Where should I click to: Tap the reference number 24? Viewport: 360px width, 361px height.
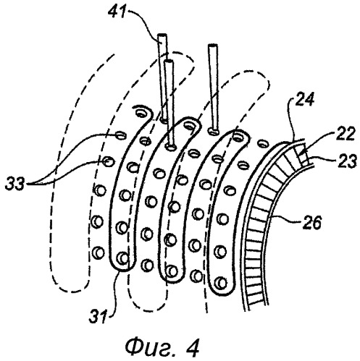coord(305,99)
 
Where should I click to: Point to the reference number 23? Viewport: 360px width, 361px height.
coord(348,161)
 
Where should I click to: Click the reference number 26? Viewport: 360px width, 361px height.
coord(311,222)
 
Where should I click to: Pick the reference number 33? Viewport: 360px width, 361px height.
coord(15,184)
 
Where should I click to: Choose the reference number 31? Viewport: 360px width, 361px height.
coord(98,316)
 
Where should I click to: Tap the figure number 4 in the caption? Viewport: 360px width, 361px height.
coord(193,347)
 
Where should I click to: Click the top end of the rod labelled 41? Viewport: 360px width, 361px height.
coord(162,35)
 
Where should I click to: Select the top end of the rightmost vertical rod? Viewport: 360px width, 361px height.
coord(212,46)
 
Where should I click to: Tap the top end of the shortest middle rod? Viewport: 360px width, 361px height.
coord(168,61)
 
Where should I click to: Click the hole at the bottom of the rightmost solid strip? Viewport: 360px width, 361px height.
coord(220,282)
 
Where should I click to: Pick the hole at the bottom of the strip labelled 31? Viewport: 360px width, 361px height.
coord(122,258)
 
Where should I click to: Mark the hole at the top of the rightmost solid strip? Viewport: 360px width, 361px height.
coord(238,136)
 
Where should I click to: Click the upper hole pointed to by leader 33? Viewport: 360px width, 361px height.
coord(121,135)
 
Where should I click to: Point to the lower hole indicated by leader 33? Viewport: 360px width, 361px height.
coord(108,161)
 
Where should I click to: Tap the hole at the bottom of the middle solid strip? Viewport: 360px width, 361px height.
coord(172,271)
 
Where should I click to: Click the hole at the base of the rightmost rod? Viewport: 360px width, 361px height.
coord(213,132)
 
